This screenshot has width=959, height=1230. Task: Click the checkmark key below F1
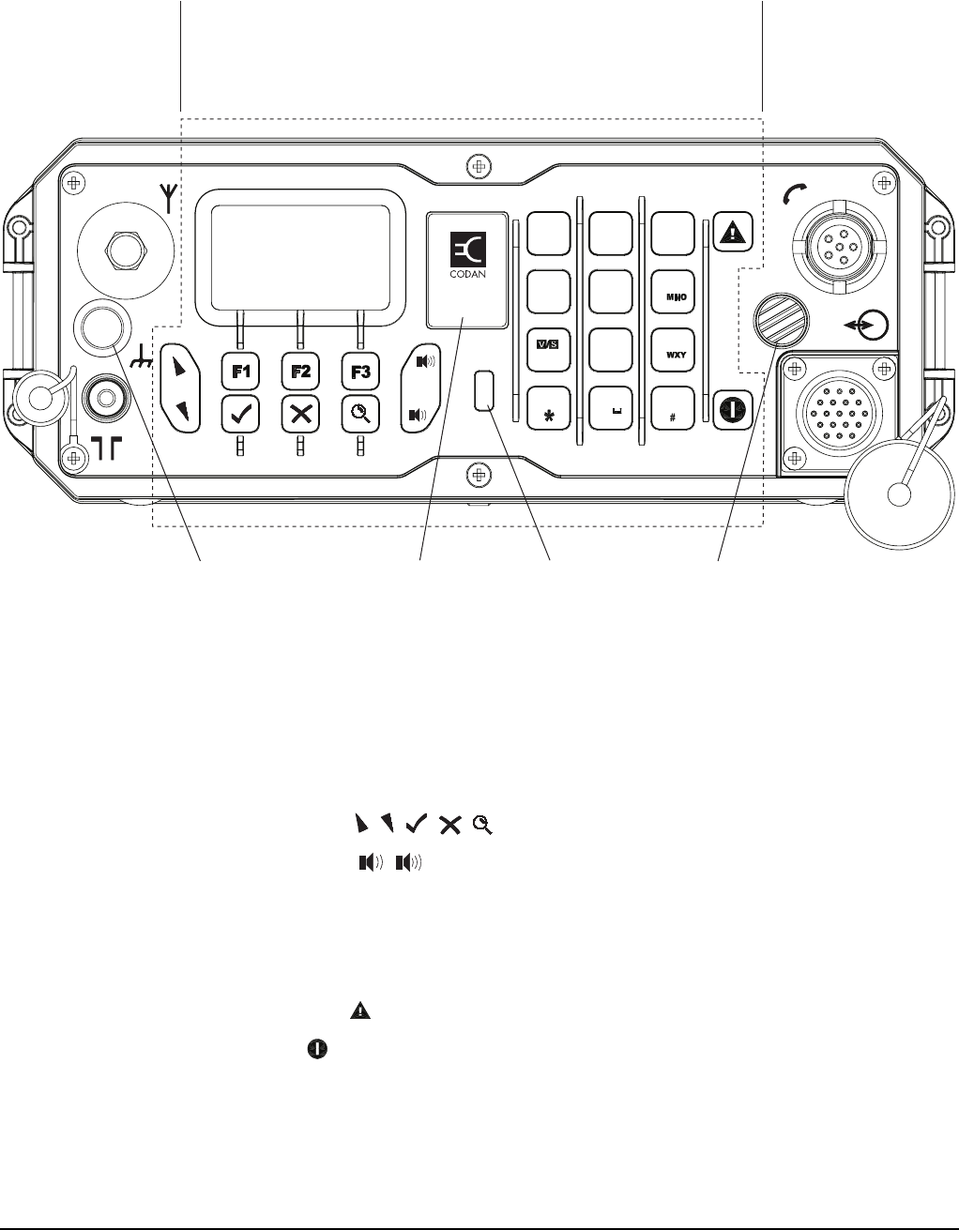[241, 413]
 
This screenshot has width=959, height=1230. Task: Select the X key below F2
[300, 413]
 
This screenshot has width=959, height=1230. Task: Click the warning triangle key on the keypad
[733, 229]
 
